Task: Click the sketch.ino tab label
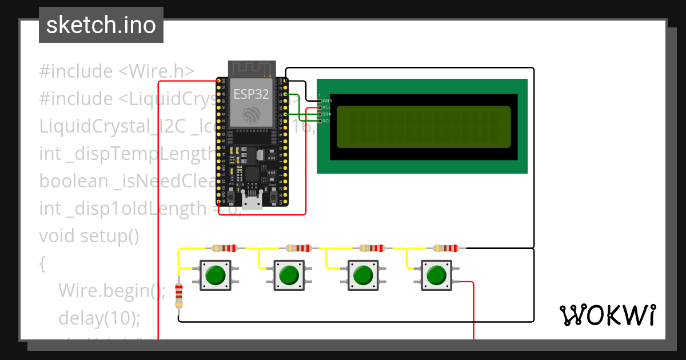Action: [101, 25]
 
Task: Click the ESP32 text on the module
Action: [251, 94]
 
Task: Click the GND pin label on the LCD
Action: [327, 101]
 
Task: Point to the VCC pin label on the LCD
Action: [327, 107]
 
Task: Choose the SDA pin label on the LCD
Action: [327, 114]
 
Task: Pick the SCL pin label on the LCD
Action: [327, 121]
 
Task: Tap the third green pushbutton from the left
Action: [362, 275]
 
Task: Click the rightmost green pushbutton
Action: [437, 275]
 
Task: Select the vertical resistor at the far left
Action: [179, 294]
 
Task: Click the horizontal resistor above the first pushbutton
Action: [225, 249]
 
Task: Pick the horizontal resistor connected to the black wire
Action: [446, 249]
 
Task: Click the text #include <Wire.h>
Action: [117, 71]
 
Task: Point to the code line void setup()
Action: [89, 236]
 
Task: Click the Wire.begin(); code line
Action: [111, 291]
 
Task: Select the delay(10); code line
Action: [99, 318]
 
